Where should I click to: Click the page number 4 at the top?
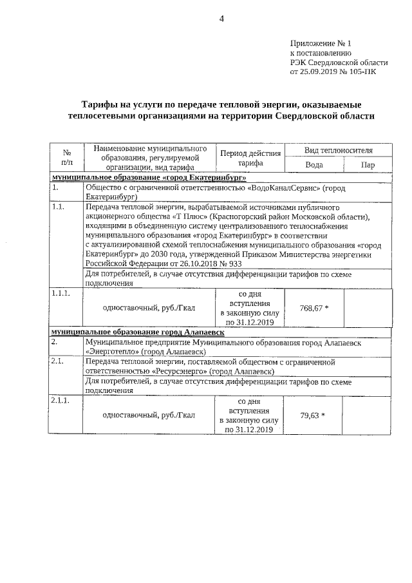tap(221, 18)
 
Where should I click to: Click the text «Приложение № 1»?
tap(321, 44)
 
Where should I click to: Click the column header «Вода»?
tap(314, 165)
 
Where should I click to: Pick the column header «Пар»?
tap(368, 165)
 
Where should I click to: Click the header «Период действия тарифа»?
tap(250, 158)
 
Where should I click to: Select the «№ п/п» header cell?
tap(66, 158)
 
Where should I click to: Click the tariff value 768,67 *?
tap(314, 308)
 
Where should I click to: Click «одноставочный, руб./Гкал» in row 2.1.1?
tap(149, 416)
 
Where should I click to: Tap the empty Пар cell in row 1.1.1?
tap(367, 308)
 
